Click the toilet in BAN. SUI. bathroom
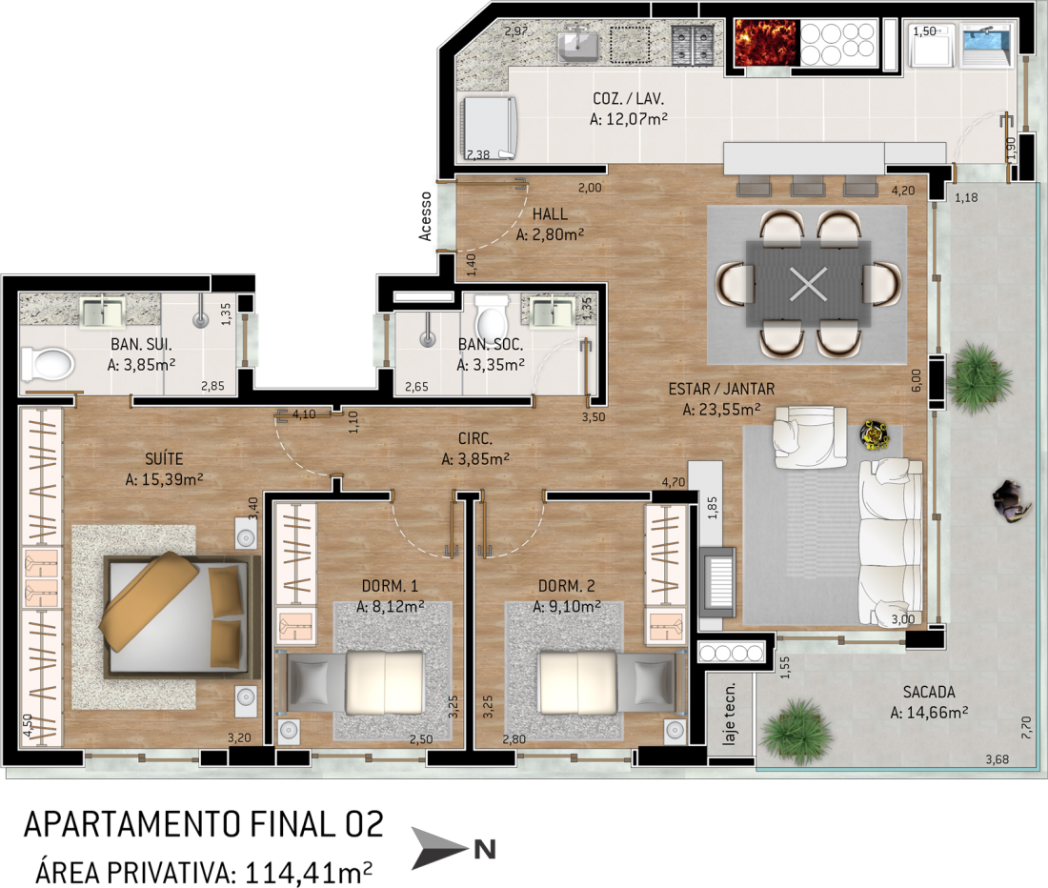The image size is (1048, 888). click(46, 364)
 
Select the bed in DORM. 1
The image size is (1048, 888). click(355, 683)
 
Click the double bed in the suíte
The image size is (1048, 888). click(180, 616)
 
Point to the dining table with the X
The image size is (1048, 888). click(808, 284)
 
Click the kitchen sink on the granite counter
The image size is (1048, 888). click(579, 43)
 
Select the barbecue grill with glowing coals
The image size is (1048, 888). click(766, 43)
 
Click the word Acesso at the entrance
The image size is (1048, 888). click(425, 216)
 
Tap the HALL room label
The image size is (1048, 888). click(550, 214)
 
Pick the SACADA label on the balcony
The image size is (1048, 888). click(929, 693)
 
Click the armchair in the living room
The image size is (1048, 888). click(810, 437)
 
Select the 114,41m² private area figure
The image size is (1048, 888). click(308, 873)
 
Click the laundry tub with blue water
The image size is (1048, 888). click(987, 45)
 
